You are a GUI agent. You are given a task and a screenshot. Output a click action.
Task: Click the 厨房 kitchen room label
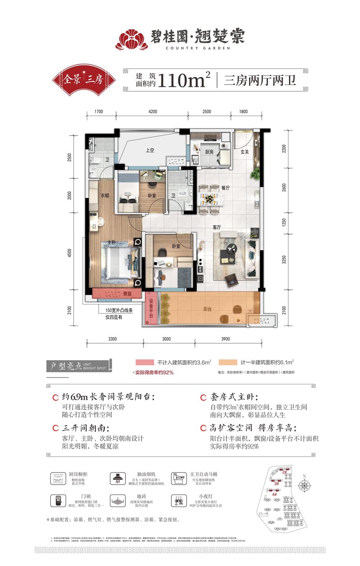(x=209, y=152)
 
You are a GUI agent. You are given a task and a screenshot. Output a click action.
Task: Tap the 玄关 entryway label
(x=244, y=152)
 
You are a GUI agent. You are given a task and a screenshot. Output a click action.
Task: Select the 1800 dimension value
(x=243, y=112)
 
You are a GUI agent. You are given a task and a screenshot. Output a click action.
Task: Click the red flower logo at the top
(x=132, y=39)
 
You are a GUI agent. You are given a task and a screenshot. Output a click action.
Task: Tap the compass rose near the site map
(x=306, y=485)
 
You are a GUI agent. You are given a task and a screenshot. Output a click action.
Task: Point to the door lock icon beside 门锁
(x=58, y=501)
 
